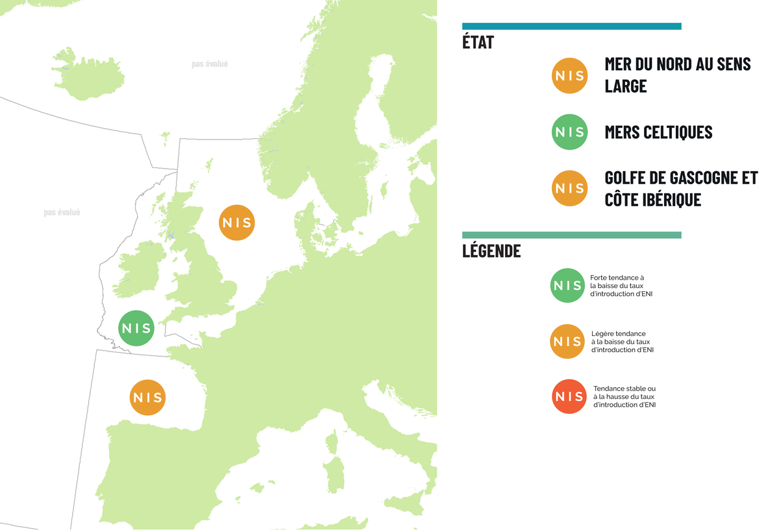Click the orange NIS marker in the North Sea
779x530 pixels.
tap(236, 223)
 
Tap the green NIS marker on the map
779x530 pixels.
tap(136, 328)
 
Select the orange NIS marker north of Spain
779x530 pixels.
tap(148, 397)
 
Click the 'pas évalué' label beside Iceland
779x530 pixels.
tap(210, 64)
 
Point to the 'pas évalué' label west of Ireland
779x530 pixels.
tap(62, 212)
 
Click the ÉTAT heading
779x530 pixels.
tap(478, 43)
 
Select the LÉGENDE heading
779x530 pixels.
tap(491, 250)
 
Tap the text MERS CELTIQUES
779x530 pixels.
tap(658, 132)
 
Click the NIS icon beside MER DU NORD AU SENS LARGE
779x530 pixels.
tap(569, 76)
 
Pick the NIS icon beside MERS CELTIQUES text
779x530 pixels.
tap(569, 132)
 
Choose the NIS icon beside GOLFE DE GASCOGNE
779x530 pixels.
tap(569, 189)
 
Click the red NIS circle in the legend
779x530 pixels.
tap(569, 396)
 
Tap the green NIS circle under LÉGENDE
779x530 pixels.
tap(567, 285)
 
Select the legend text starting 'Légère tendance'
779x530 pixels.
tap(622, 341)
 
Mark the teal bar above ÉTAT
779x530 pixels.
tap(571, 26)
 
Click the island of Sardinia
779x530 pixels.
tap(336, 474)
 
